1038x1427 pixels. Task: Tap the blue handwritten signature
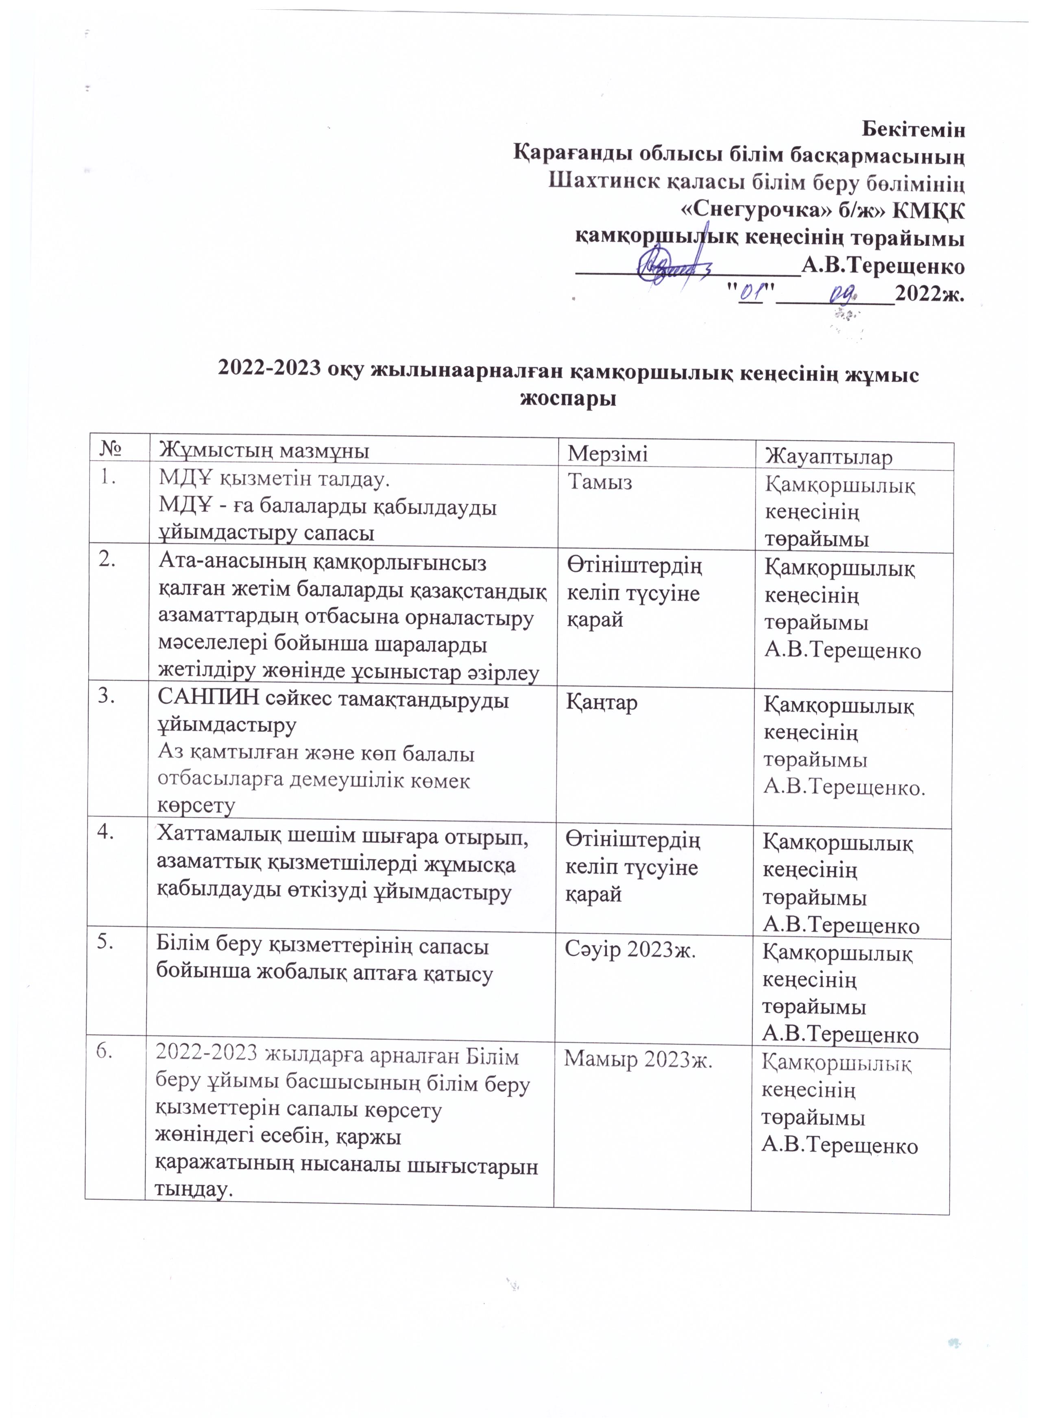click(670, 268)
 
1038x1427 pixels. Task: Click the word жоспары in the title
click(565, 399)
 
